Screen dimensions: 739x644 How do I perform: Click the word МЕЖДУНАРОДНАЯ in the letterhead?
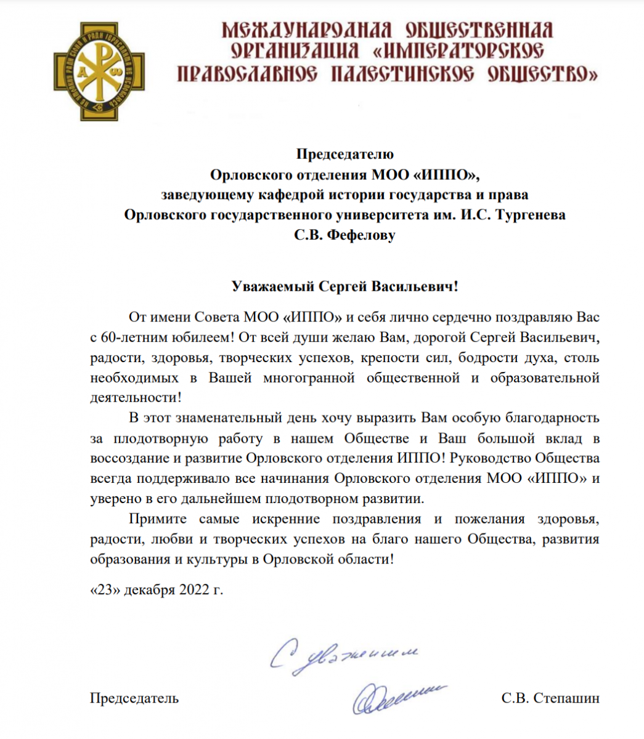[306, 30]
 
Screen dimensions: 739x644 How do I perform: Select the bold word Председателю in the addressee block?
[344, 154]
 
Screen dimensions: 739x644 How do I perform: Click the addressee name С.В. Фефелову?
[344, 236]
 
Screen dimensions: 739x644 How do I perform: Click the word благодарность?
[552, 418]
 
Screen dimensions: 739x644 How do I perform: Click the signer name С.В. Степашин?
[550, 698]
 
